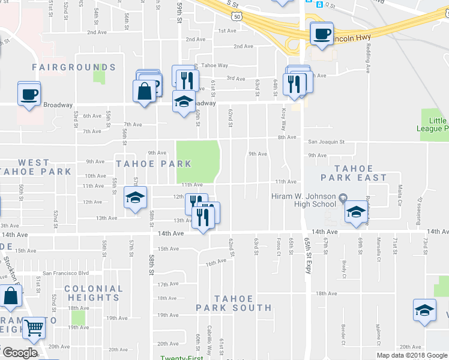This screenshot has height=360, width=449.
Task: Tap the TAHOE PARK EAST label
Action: point(354,173)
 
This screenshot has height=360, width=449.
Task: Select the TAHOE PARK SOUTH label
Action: point(234,303)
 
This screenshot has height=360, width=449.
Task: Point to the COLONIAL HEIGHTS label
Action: point(93,293)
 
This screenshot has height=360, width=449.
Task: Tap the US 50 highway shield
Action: point(238,17)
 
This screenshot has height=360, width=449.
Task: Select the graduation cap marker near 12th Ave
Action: point(136,197)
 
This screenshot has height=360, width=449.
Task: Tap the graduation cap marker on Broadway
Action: point(184,102)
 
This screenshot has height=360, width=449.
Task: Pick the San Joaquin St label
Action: point(327,142)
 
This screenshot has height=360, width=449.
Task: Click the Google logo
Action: point(19,353)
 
